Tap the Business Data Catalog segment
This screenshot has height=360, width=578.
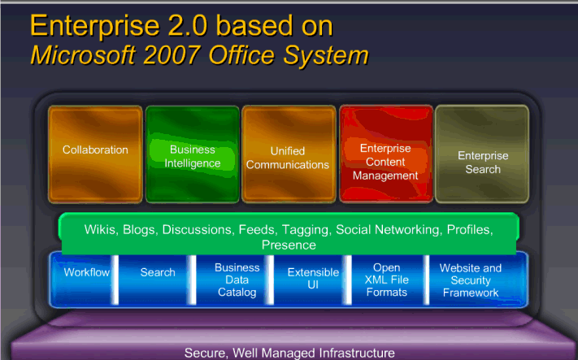click(x=237, y=280)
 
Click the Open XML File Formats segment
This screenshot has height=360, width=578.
click(x=386, y=280)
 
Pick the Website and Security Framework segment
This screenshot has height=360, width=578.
click(x=470, y=280)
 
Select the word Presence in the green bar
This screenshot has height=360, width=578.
click(x=289, y=245)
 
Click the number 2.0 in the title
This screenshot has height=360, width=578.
click(x=185, y=25)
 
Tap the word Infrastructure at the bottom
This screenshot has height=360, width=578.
click(x=344, y=353)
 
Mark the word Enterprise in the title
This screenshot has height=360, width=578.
click(x=89, y=25)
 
